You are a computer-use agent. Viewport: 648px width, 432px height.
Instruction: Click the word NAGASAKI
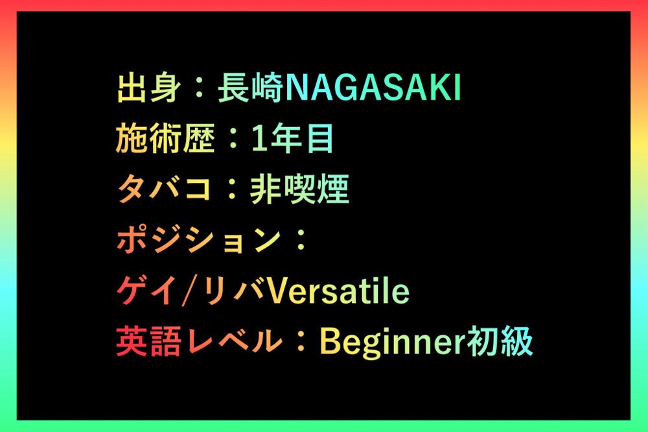tap(373, 88)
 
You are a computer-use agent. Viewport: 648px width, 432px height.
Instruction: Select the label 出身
tap(149, 88)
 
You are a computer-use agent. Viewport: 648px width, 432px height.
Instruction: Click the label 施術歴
tap(165, 138)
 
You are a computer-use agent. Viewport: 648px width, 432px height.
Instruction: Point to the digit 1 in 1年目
tap(259, 138)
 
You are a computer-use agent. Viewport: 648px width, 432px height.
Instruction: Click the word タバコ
tap(164, 189)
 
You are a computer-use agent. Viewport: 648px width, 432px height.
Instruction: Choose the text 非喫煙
tap(299, 189)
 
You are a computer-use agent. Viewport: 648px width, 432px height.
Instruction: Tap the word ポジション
tap(198, 240)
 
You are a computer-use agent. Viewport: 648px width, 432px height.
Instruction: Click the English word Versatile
tap(338, 291)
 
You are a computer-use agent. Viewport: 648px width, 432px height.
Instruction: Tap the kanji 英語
tap(149, 341)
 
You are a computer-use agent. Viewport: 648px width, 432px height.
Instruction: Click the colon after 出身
tap(200, 88)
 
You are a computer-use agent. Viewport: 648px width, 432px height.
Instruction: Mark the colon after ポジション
tap(301, 240)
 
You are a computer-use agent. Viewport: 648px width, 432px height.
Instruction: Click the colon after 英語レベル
tap(301, 342)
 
